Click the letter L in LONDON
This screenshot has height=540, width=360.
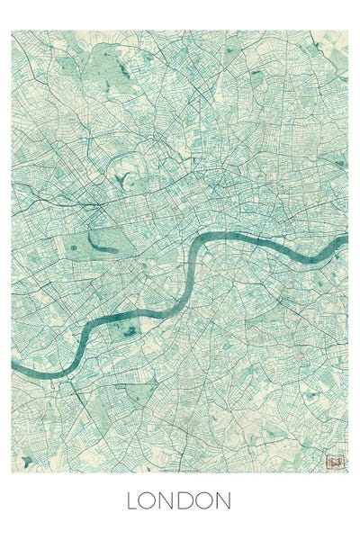tap(131, 500)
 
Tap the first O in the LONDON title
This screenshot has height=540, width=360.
tap(149, 500)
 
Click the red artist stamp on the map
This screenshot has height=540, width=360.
tap(335, 462)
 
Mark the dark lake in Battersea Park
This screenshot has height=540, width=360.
tap(130, 331)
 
